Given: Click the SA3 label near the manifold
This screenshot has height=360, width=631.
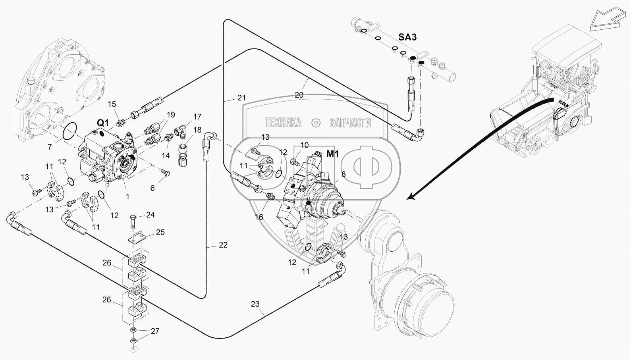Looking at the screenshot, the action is click(x=407, y=37).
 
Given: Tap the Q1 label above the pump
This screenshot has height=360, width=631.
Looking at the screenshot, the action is click(x=102, y=123).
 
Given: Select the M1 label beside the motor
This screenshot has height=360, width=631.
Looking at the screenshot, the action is click(x=332, y=154).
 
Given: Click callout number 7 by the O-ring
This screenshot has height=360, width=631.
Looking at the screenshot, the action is click(x=50, y=146).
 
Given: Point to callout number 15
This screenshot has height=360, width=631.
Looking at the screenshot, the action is click(x=112, y=104).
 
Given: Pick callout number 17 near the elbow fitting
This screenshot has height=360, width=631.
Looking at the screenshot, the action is click(x=197, y=117).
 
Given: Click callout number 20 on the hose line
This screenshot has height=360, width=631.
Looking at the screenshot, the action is click(x=299, y=95).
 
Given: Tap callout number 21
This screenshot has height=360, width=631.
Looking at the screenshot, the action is click(x=241, y=98).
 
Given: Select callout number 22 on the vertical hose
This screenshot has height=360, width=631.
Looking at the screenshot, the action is click(x=223, y=245).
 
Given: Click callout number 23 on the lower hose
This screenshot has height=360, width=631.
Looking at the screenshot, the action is click(x=255, y=304).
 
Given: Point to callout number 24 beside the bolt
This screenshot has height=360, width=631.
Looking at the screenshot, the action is click(x=150, y=215).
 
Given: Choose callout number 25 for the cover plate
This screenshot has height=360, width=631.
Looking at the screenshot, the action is click(x=160, y=232).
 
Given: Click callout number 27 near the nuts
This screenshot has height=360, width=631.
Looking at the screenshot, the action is click(x=155, y=331).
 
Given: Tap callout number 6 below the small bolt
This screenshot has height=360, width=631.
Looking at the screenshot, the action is click(x=152, y=188).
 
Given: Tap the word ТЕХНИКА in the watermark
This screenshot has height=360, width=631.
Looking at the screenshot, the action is click(x=283, y=123).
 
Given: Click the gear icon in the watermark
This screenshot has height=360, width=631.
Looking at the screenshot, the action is click(x=315, y=123).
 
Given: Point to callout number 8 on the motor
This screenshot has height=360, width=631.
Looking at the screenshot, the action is click(x=343, y=174).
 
